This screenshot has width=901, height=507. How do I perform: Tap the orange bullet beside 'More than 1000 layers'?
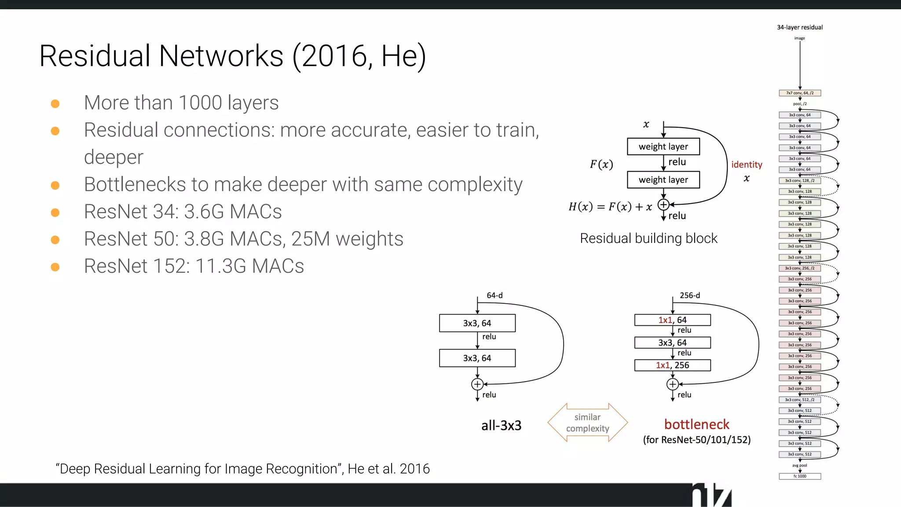(x=55, y=104)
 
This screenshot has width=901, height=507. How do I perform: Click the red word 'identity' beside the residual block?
(x=747, y=165)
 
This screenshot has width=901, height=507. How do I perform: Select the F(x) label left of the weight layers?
(x=601, y=165)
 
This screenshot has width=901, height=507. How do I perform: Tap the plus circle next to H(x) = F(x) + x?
(x=663, y=205)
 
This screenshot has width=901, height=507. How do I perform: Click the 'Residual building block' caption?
(x=648, y=239)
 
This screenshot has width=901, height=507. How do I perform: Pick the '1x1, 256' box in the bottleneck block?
(x=672, y=365)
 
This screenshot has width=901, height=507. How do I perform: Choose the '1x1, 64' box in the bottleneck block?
(x=672, y=320)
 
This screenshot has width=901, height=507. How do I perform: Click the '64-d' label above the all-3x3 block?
(x=494, y=295)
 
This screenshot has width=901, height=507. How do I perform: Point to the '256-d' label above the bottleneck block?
(x=689, y=295)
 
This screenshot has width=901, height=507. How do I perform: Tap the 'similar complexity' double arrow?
(x=587, y=422)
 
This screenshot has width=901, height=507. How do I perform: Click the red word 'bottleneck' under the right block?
(x=696, y=424)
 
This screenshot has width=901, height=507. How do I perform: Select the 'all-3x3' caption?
(x=501, y=426)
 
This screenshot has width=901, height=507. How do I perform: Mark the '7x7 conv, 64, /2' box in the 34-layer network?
(x=800, y=93)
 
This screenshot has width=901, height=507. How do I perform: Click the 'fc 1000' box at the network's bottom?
(x=800, y=476)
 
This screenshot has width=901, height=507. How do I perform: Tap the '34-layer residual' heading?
(x=799, y=27)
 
